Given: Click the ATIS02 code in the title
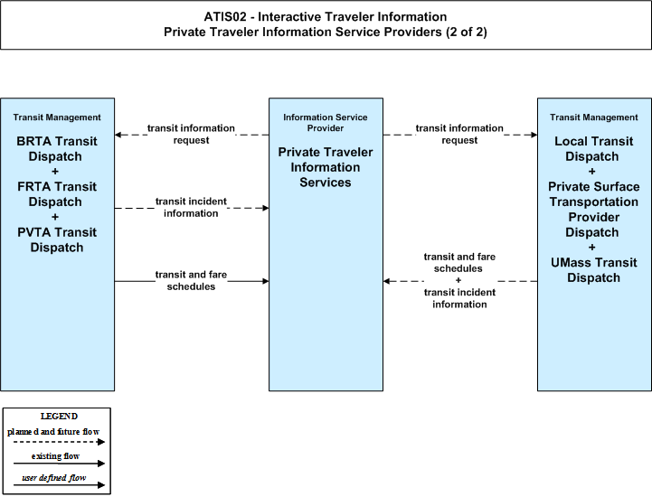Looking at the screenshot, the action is click(225, 16).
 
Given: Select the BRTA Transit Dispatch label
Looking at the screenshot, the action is click(57, 149).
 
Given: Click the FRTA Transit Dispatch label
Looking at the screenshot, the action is click(57, 194).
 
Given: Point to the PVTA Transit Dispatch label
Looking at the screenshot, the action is click(57, 239).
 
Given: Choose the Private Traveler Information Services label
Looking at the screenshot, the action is click(326, 167).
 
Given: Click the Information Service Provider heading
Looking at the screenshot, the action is click(326, 123).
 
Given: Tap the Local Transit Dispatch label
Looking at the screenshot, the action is click(594, 149).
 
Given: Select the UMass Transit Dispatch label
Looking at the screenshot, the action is click(594, 270).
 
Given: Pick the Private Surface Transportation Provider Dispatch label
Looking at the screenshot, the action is click(594, 210).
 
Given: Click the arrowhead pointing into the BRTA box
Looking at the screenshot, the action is click(118, 135).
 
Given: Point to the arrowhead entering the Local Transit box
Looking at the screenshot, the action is click(534, 135).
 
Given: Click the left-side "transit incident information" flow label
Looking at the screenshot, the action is click(191, 207).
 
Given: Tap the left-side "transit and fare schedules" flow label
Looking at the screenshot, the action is click(191, 280).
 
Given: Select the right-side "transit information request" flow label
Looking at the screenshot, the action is click(459, 135).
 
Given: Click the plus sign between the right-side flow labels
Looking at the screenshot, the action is click(458, 280).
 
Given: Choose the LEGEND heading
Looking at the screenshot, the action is click(59, 417).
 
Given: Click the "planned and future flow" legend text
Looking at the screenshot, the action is click(53, 432).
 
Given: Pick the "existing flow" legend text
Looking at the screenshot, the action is click(56, 456).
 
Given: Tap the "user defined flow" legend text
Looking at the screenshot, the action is click(54, 478).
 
